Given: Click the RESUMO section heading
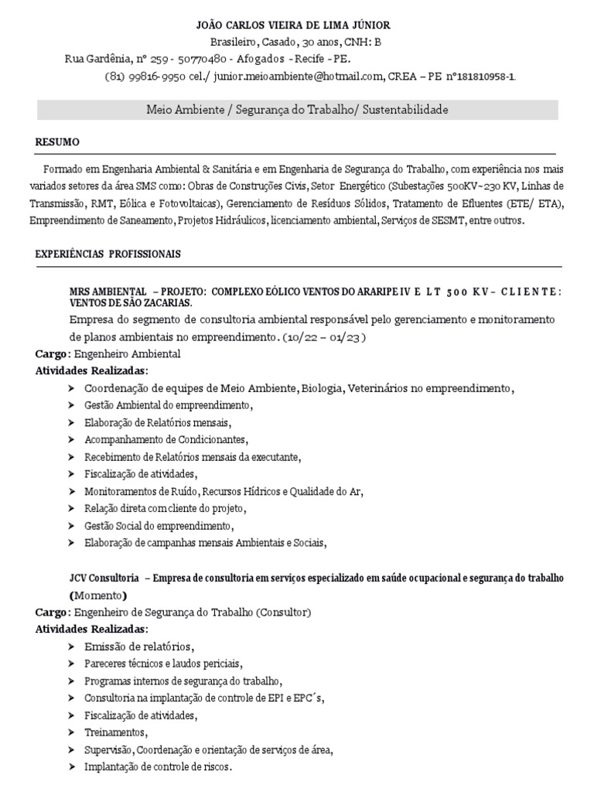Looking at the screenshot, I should tap(57, 142).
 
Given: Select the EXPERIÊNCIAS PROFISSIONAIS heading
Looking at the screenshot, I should tap(108, 253).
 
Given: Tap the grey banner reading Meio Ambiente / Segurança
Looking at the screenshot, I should tap(297, 111).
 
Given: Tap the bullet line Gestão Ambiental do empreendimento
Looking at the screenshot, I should tap(169, 405).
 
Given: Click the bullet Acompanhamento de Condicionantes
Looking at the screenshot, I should tap(166, 439).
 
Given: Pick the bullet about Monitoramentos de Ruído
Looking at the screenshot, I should tap(223, 491).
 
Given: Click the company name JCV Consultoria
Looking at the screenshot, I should tap(104, 579).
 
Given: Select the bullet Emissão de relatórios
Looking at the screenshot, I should tap(138, 647).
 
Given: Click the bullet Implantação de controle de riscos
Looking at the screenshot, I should tap(158, 766).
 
